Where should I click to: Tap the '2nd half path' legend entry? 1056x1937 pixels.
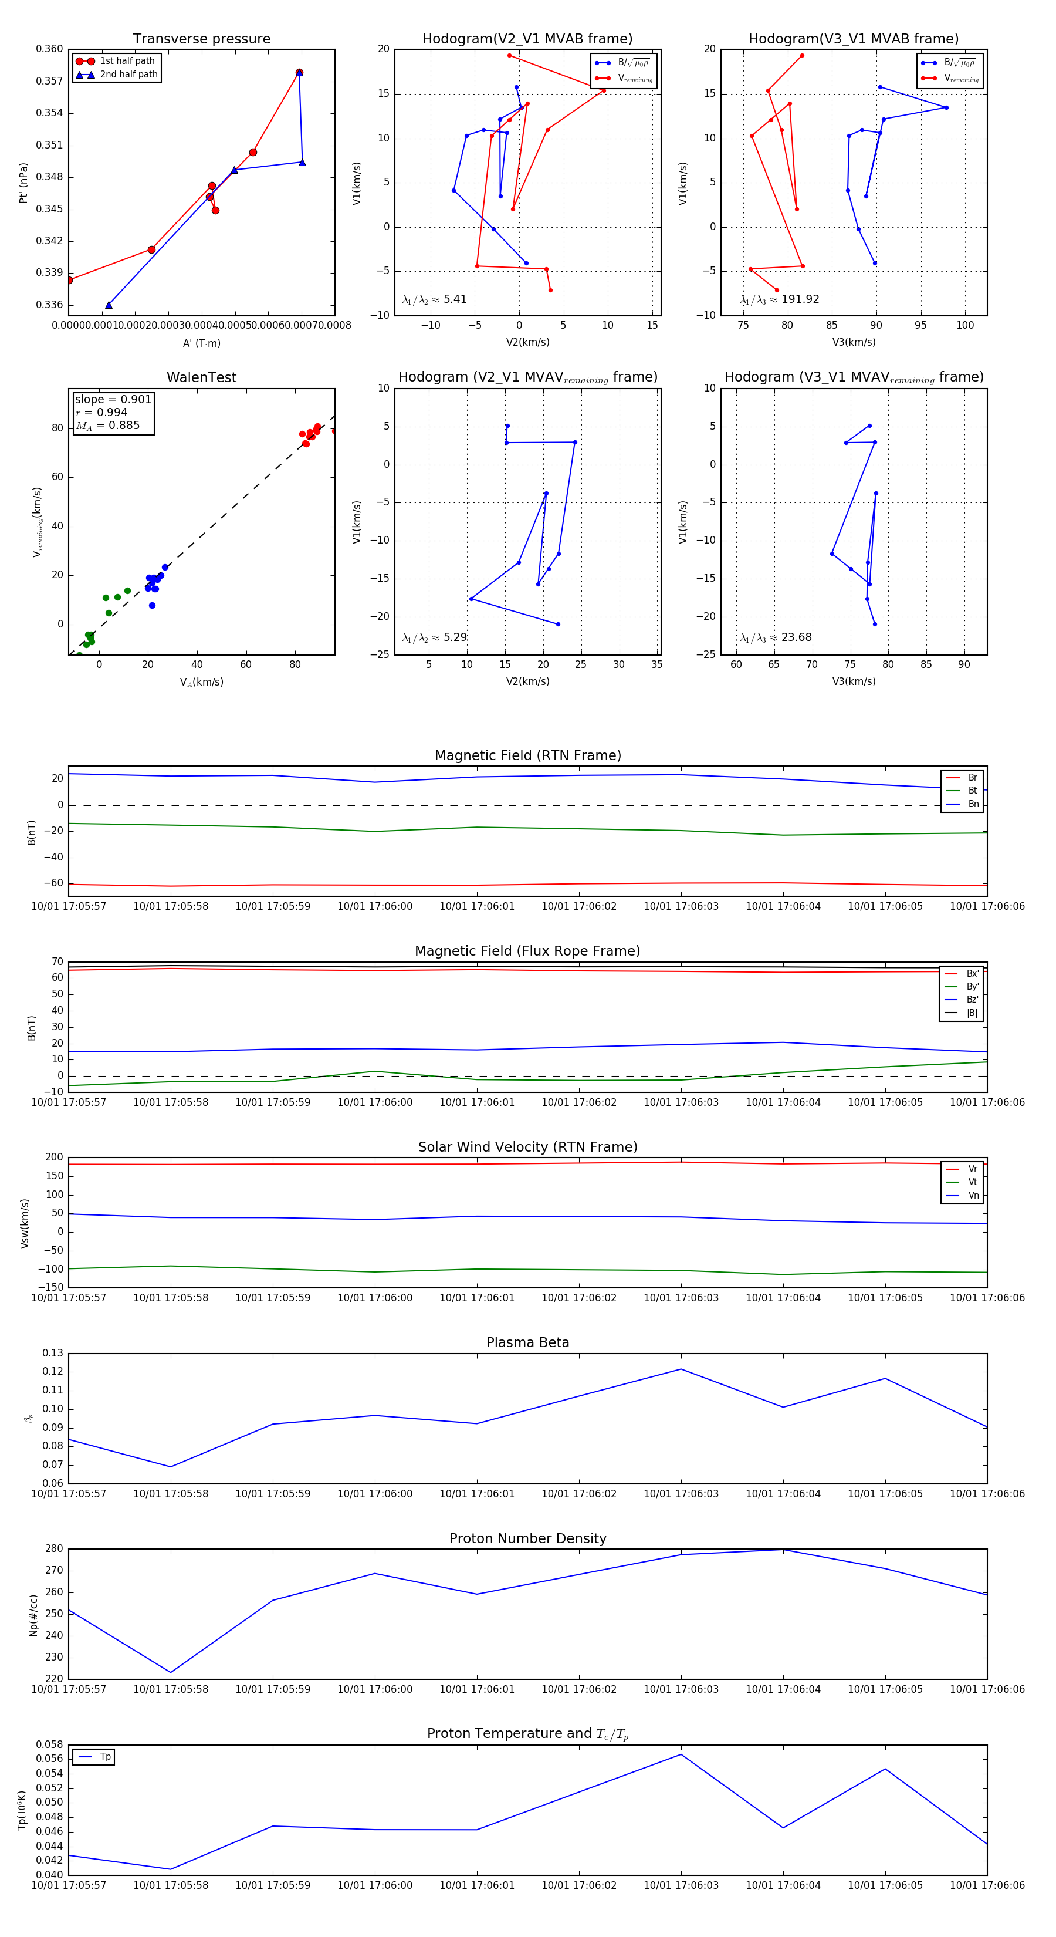(x=128, y=75)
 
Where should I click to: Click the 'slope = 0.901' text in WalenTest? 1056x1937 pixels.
(x=113, y=399)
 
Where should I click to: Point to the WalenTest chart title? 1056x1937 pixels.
(x=201, y=377)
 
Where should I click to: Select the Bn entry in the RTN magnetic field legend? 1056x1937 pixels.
(x=973, y=804)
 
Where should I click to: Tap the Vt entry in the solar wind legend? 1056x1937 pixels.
(x=973, y=1182)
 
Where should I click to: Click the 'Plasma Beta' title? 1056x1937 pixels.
(x=527, y=1343)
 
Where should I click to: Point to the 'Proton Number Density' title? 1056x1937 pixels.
(x=527, y=1538)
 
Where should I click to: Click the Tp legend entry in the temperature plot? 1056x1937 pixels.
(x=104, y=1757)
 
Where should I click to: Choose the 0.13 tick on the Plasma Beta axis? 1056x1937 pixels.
(x=53, y=1354)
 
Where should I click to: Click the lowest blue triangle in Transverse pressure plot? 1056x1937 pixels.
(x=109, y=305)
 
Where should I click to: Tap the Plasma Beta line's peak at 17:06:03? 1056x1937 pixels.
(x=681, y=1369)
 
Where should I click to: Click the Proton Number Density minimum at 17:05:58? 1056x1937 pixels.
(x=171, y=1673)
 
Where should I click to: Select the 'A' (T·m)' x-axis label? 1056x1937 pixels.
(x=201, y=343)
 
